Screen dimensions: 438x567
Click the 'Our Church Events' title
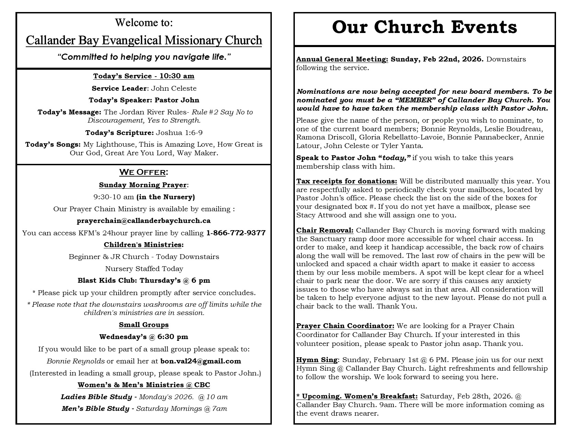(x=424, y=27)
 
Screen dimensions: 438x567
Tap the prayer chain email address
(x=144, y=221)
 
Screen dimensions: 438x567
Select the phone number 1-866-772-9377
(x=236, y=233)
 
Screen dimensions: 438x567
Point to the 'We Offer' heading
(x=144, y=172)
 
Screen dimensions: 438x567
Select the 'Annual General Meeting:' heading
(x=342, y=59)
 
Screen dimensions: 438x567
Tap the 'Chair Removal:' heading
(x=325, y=230)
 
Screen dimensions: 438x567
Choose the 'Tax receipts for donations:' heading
(x=347, y=181)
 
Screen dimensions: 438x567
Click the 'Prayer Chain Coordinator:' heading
(x=345, y=326)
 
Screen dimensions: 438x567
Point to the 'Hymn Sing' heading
(x=317, y=360)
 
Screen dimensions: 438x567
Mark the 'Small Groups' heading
(x=144, y=325)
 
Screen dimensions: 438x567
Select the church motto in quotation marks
(x=144, y=57)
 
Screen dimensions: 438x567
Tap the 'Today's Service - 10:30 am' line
(x=144, y=76)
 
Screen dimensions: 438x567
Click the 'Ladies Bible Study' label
(x=97, y=397)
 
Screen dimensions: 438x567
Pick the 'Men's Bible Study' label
(x=96, y=408)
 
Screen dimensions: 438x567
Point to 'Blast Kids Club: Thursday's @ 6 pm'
(x=144, y=280)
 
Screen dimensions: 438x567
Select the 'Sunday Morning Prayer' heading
(x=143, y=185)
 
